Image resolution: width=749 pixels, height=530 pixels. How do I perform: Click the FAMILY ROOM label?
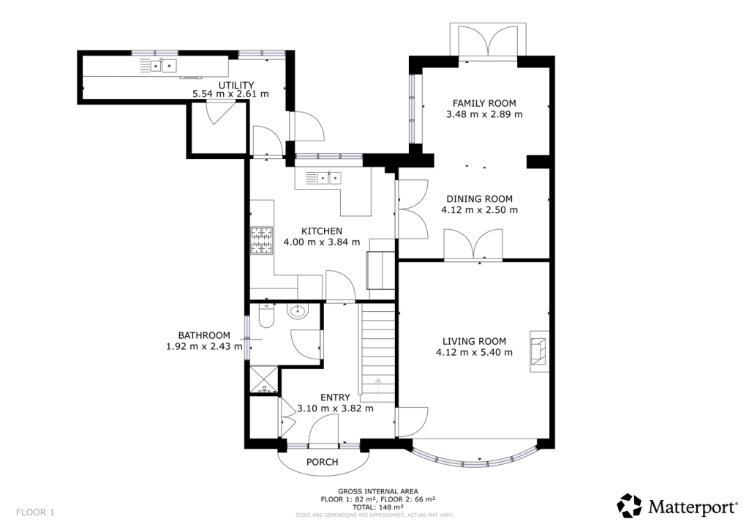[483, 103]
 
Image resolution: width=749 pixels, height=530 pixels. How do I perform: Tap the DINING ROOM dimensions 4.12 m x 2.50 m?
[479, 210]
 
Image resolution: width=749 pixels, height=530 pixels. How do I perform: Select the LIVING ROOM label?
[474, 341]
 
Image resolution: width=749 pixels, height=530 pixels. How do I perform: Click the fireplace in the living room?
[538, 350]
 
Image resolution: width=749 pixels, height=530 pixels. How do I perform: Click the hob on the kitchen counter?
[261, 242]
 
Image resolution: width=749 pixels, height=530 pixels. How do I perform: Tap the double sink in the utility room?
[163, 67]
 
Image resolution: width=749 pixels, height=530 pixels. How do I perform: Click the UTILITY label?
[230, 85]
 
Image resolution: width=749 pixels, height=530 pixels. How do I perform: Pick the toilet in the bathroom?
[266, 316]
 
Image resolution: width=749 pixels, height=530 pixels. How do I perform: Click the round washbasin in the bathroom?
[298, 313]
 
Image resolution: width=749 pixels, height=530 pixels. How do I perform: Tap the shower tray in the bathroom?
[261, 378]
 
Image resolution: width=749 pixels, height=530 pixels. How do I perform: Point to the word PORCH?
[322, 462]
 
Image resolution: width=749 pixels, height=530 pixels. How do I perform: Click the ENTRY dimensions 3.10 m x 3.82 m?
[335, 408]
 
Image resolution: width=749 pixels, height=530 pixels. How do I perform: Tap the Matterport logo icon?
[630, 505]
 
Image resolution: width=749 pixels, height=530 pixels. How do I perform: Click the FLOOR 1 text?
[35, 512]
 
